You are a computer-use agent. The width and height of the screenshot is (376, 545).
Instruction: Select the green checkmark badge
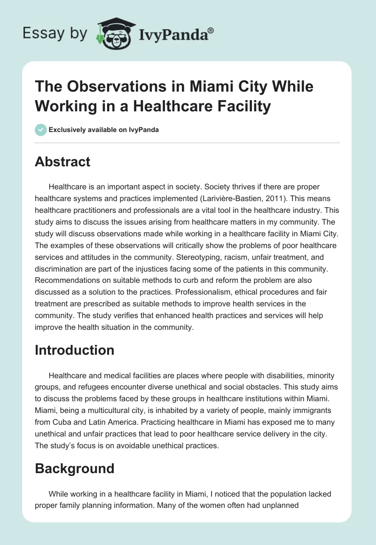tap(40, 130)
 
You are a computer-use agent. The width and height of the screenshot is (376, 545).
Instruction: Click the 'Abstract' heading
tap(63, 162)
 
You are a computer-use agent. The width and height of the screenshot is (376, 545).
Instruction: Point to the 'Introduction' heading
tap(74, 350)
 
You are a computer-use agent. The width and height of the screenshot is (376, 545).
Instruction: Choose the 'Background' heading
tap(74, 468)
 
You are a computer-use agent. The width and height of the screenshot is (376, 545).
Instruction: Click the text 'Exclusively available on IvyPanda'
tap(103, 130)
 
